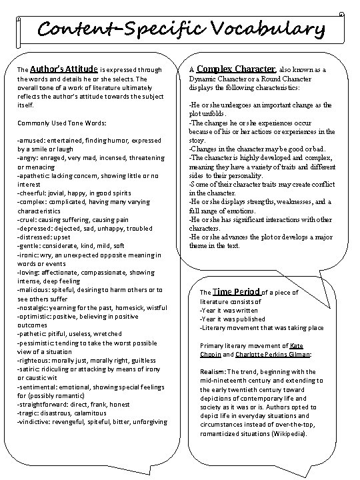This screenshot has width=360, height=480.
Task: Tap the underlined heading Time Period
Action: [235, 291]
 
